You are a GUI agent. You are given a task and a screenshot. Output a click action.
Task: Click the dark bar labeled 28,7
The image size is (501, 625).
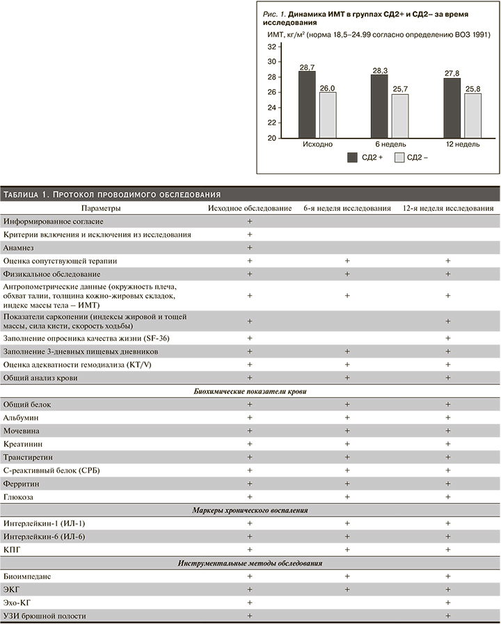click(x=307, y=104)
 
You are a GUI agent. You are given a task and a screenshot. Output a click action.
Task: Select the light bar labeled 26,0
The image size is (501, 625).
click(x=328, y=115)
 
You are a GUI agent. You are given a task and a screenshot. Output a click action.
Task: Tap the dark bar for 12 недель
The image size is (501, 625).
click(x=452, y=108)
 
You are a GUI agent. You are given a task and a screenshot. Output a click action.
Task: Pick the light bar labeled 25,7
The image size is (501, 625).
click(x=400, y=116)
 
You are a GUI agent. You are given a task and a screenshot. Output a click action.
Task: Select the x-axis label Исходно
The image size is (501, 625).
click(x=318, y=144)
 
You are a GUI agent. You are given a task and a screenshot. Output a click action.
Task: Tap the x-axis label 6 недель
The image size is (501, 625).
click(x=390, y=144)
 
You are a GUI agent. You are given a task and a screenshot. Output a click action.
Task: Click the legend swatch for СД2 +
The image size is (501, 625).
click(x=353, y=158)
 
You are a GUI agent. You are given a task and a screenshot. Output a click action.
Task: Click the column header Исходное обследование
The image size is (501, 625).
click(x=248, y=208)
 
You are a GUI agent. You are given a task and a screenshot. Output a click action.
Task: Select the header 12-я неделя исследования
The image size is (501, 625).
click(x=448, y=208)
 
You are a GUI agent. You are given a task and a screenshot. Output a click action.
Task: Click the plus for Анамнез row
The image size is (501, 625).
click(x=248, y=247)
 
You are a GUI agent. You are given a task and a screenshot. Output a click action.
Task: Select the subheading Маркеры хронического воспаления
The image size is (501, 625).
click(x=250, y=510)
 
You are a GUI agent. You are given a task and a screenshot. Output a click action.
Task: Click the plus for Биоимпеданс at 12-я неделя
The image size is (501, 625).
click(x=447, y=576)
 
